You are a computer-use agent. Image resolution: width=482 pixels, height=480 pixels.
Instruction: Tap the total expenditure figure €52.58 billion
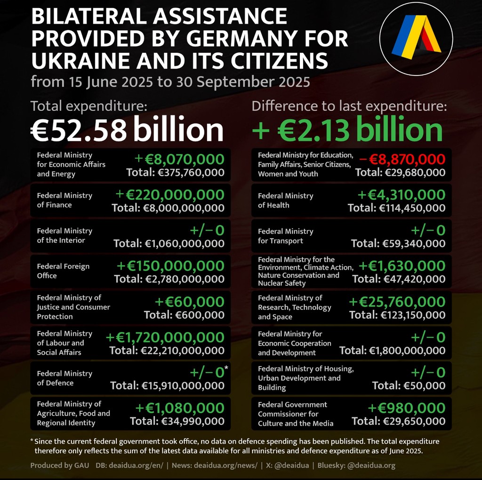[x=127, y=130]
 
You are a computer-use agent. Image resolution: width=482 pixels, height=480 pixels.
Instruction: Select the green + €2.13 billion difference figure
[x=347, y=130]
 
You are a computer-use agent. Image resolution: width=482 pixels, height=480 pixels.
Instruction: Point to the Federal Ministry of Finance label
[x=64, y=200]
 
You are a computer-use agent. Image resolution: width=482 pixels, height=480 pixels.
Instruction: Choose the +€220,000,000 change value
[x=170, y=194]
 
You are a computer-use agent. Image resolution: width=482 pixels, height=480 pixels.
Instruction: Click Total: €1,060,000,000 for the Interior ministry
[x=169, y=243]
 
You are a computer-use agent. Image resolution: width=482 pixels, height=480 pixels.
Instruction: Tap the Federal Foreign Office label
[x=63, y=271]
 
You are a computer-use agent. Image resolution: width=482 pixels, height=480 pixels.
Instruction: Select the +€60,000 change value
[x=190, y=301]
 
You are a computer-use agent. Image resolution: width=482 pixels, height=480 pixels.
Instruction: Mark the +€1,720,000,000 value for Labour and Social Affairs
[x=165, y=337]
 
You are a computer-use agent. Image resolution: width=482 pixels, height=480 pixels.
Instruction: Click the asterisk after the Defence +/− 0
[x=226, y=368]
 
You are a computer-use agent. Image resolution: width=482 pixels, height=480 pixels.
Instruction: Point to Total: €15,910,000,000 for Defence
[x=167, y=385]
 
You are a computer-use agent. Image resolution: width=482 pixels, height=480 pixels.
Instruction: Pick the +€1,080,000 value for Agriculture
[x=180, y=408]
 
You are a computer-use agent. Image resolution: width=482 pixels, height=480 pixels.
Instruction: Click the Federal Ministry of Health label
[x=285, y=200]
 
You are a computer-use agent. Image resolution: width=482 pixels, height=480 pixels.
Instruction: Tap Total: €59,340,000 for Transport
[x=398, y=243]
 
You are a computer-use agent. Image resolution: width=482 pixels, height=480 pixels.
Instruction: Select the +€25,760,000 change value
[x=397, y=302]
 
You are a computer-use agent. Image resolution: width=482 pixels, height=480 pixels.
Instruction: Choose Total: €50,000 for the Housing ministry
[x=408, y=385]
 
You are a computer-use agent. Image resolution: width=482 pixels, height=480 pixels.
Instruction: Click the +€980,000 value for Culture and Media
[x=406, y=408]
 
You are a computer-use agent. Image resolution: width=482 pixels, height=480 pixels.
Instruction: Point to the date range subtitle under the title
[x=170, y=82]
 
